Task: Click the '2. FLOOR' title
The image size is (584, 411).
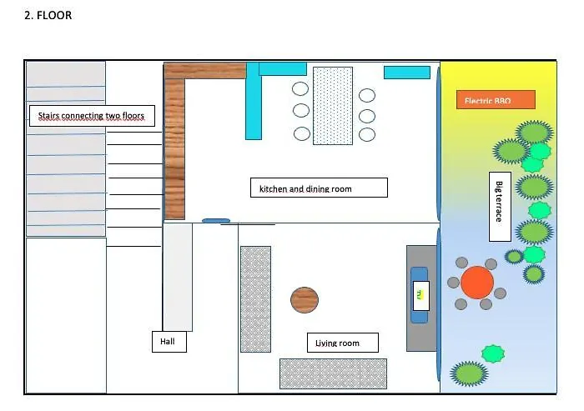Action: pyautogui.click(x=48, y=15)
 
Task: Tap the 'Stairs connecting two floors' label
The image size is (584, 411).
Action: pyautogui.click(x=92, y=116)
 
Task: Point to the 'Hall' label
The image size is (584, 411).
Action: pyautogui.click(x=169, y=342)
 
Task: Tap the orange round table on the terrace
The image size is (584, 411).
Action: pyautogui.click(x=477, y=283)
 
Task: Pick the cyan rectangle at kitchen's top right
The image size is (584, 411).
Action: pyautogui.click(x=406, y=73)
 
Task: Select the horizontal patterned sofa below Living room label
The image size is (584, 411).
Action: pyautogui.click(x=333, y=373)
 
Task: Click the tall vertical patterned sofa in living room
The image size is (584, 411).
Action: pyautogui.click(x=255, y=298)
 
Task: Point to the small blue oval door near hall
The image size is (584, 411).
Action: pyautogui.click(x=215, y=221)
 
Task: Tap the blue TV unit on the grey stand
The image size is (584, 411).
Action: pyautogui.click(x=420, y=295)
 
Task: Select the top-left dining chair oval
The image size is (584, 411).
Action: pyautogui.click(x=300, y=89)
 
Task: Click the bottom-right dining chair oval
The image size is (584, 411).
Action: pyautogui.click(x=367, y=134)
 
